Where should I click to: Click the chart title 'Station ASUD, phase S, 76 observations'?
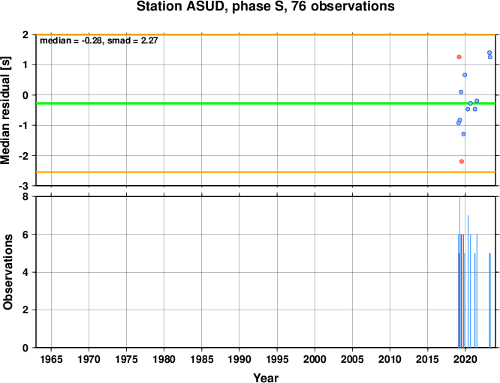(266, 6)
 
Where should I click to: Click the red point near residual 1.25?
(459, 57)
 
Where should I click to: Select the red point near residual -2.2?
(462, 161)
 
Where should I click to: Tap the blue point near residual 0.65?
(465, 75)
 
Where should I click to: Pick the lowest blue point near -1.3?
(463, 134)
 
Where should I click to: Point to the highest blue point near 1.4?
(489, 52)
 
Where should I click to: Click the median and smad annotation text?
(99, 40)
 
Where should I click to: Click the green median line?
(266, 103)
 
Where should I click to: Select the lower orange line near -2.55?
(266, 172)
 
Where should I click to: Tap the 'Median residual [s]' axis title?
(6, 110)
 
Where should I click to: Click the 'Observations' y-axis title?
(8, 272)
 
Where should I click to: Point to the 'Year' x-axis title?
(266, 378)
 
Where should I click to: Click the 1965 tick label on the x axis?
(51, 360)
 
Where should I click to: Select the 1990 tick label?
(239, 360)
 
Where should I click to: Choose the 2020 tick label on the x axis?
(465, 360)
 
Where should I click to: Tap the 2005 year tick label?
(352, 360)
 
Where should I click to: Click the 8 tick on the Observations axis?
(26, 197)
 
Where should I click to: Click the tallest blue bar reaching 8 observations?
(459, 272)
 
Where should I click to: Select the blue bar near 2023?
(489, 301)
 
